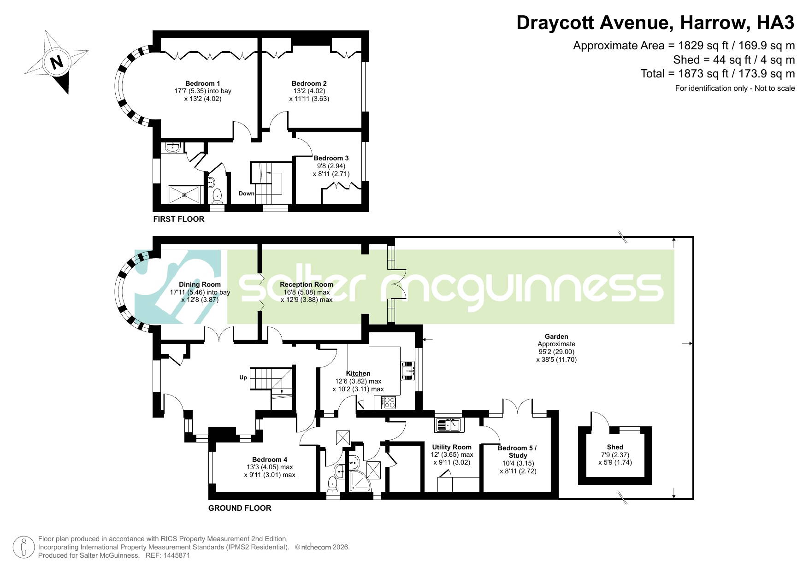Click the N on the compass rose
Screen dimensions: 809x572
click(x=57, y=62)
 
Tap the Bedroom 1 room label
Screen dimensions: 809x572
click(x=202, y=83)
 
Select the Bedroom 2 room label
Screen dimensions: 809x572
click(x=309, y=83)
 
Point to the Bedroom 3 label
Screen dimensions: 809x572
click(x=331, y=158)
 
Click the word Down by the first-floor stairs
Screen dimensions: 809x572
click(x=247, y=194)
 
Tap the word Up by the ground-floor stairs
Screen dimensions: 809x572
click(x=243, y=377)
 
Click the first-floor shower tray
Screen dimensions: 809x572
click(x=185, y=194)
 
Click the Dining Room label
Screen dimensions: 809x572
click(x=200, y=284)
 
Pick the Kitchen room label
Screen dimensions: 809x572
click(x=358, y=373)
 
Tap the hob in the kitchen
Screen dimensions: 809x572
click(x=389, y=402)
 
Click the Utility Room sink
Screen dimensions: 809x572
click(x=449, y=425)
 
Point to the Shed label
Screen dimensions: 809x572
click(x=615, y=447)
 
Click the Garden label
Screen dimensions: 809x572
click(x=556, y=336)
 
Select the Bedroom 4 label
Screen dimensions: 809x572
click(x=270, y=460)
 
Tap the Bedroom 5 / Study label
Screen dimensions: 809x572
click(x=517, y=452)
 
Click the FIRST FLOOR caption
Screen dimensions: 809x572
click(x=179, y=219)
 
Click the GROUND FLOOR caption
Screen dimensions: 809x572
click(x=240, y=508)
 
